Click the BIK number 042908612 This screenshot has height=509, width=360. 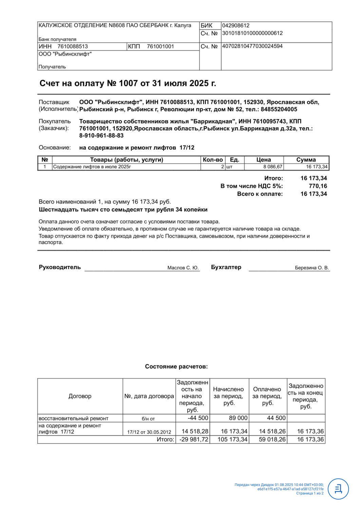235,25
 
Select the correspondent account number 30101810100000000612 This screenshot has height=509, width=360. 252,33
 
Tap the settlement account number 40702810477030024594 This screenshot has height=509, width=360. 252,46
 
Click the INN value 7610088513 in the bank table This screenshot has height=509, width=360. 73,46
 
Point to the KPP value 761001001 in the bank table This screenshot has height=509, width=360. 160,46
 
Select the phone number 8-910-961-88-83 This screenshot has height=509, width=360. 101,135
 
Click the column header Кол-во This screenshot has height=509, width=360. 213,160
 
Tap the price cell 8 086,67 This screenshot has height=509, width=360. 272,167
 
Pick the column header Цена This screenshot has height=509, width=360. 263,160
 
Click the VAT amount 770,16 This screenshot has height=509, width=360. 318,186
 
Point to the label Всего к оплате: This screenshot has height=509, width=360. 260,194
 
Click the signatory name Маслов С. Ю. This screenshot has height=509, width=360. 183,268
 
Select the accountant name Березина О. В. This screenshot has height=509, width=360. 312,268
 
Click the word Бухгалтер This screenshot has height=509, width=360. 226,267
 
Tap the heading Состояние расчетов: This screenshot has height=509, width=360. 176,366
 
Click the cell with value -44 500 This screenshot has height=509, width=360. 198,418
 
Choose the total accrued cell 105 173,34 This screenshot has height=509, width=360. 232,439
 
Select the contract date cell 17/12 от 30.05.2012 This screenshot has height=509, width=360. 149,432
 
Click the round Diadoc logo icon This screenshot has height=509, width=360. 338,489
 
